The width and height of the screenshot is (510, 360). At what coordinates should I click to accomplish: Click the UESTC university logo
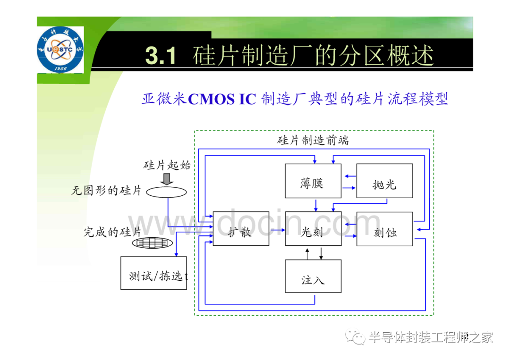(x=60, y=50)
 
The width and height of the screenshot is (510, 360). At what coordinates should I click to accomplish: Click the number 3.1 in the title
(x=161, y=55)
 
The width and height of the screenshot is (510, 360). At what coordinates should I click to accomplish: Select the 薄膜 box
(x=313, y=181)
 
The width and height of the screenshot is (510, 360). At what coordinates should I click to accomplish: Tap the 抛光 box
(x=384, y=181)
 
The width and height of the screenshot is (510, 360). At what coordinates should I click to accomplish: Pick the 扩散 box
(x=241, y=229)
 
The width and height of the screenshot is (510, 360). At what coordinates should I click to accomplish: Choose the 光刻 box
(x=313, y=229)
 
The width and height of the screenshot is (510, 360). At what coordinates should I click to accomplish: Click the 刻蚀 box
(x=385, y=229)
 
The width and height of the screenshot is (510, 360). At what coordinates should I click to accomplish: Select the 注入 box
(x=313, y=276)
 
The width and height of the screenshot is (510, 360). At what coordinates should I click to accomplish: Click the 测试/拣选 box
(x=153, y=273)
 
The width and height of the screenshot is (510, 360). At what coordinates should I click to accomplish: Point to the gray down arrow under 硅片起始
(x=167, y=179)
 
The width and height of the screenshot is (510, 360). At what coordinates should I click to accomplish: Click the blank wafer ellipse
(x=167, y=192)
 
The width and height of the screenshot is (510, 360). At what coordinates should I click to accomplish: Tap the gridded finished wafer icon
(x=152, y=243)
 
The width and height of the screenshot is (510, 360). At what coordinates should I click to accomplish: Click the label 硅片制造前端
(x=313, y=141)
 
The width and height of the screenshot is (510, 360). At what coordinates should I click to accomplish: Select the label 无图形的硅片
(x=106, y=191)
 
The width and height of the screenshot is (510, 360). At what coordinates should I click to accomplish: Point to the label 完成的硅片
(x=112, y=232)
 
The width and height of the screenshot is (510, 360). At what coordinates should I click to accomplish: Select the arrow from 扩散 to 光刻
(x=278, y=230)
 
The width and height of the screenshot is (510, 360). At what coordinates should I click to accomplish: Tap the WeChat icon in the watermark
(x=355, y=337)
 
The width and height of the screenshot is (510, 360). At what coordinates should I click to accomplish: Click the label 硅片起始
(x=167, y=165)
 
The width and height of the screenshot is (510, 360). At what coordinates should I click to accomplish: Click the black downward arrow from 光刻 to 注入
(x=321, y=253)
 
